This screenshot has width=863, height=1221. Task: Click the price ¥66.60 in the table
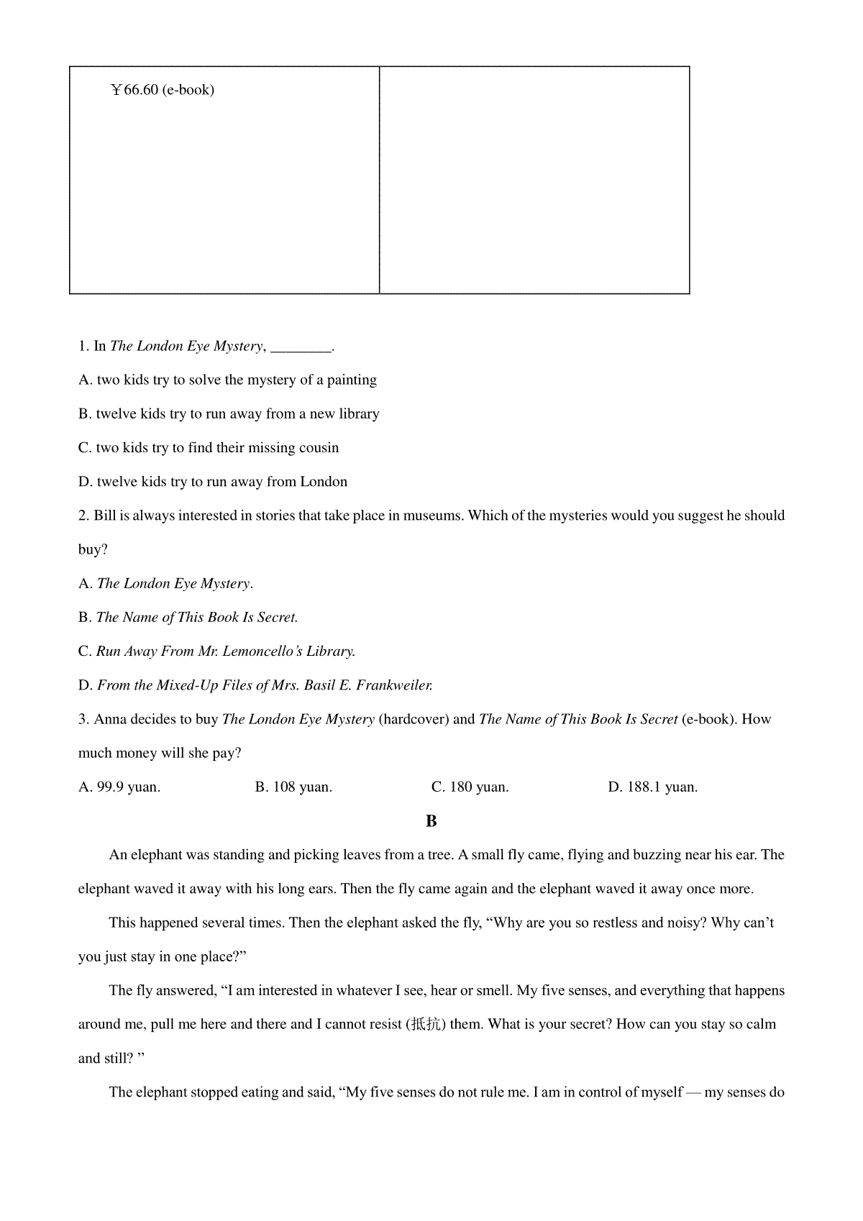134,90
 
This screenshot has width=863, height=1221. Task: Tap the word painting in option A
352,380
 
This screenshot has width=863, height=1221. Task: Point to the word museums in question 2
431,516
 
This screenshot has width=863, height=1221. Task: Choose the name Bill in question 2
105,516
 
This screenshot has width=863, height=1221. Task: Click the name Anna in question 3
109,719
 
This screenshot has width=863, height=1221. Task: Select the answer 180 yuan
478,787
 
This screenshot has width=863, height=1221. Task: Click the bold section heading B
431,821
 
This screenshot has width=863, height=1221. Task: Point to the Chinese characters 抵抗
426,1025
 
